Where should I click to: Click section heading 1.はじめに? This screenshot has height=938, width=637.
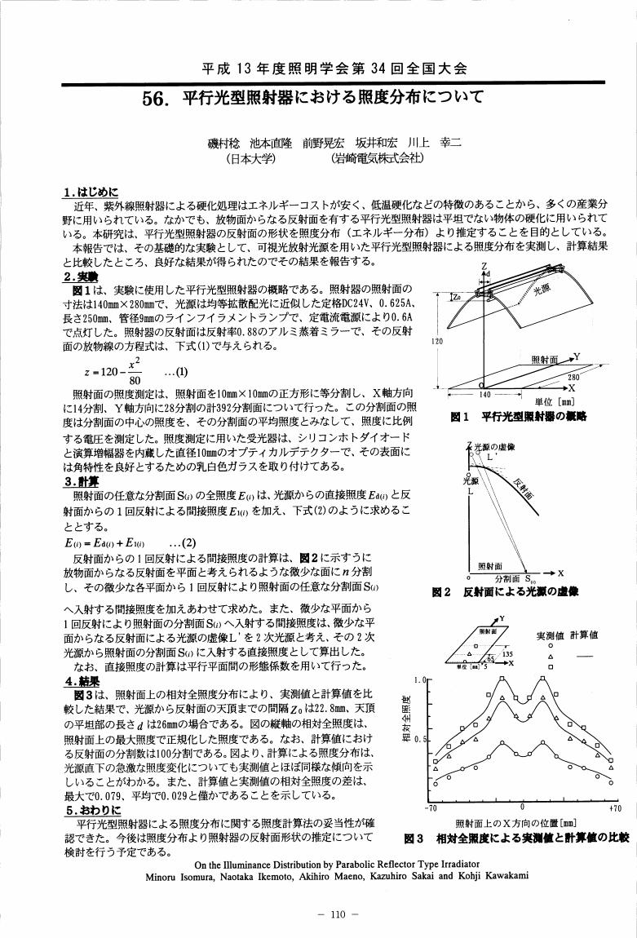[91, 192]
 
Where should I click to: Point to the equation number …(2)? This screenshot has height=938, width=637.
[183, 542]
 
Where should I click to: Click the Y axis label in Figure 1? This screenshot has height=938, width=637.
[577, 356]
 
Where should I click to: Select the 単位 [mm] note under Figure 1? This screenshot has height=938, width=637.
[554, 401]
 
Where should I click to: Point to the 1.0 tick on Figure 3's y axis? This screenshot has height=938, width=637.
[419, 678]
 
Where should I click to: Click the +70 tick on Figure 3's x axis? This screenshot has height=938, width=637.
[616, 808]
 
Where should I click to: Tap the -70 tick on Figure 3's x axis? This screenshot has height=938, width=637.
[433, 808]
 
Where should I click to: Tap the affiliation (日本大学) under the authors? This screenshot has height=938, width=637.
[250, 159]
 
